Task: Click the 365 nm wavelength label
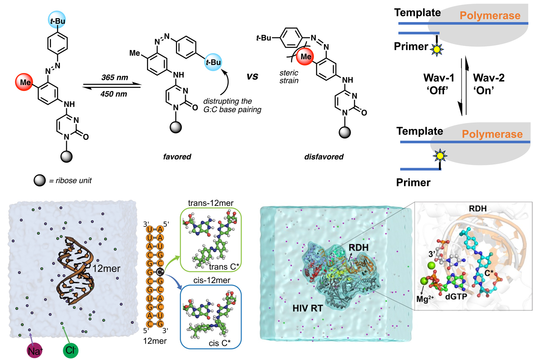114,78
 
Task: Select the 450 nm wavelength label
114,94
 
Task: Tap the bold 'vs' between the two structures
252,77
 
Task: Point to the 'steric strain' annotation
289,77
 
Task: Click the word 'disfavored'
324,157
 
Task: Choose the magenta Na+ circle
35,351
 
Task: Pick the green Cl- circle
70,350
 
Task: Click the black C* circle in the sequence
160,272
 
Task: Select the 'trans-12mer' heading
211,203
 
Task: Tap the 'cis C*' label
219,343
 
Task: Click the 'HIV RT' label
307,308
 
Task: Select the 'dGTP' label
456,296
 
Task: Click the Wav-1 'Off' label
439,84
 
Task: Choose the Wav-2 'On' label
488,84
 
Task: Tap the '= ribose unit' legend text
70,181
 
